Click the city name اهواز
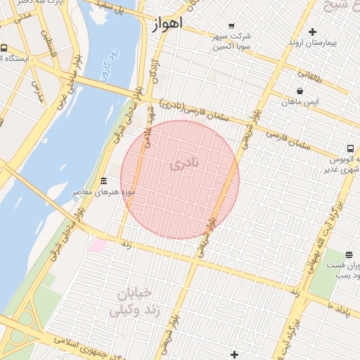point(167,23)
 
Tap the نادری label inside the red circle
point(185,164)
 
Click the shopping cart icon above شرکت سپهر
point(231,26)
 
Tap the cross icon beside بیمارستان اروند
point(312,32)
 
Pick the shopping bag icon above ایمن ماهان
point(301,91)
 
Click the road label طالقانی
point(309,72)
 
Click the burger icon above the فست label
point(349,254)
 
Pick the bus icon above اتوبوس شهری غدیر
point(349,148)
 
